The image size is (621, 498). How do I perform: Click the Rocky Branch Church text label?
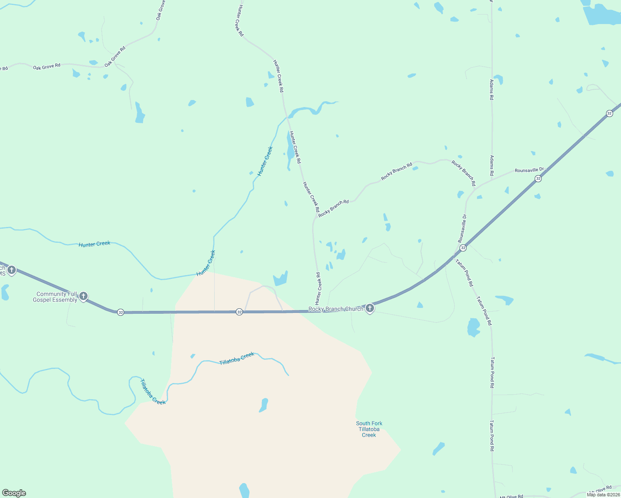pos(335,309)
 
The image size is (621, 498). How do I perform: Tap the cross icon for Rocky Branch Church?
pos(369,308)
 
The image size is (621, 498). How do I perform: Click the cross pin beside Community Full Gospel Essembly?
pos(83,296)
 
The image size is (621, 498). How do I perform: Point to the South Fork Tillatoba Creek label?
pos(369,429)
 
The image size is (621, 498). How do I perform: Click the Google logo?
pos(14,493)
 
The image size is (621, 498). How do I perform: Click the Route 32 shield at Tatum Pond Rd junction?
pos(463,248)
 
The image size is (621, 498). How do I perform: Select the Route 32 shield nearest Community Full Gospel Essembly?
pos(120,312)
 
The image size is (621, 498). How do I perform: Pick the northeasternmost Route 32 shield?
pos(609,113)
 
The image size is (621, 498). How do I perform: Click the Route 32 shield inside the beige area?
pos(239,312)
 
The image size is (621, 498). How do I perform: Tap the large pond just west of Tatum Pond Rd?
pos(473,327)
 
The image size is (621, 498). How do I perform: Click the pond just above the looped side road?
pos(281,279)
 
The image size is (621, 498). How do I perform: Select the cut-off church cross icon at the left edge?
pos(11,270)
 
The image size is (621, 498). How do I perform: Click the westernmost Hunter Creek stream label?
pos(95,244)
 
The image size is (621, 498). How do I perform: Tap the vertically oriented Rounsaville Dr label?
pos(462,229)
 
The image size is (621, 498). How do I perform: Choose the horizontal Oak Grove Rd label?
pos(47,66)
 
